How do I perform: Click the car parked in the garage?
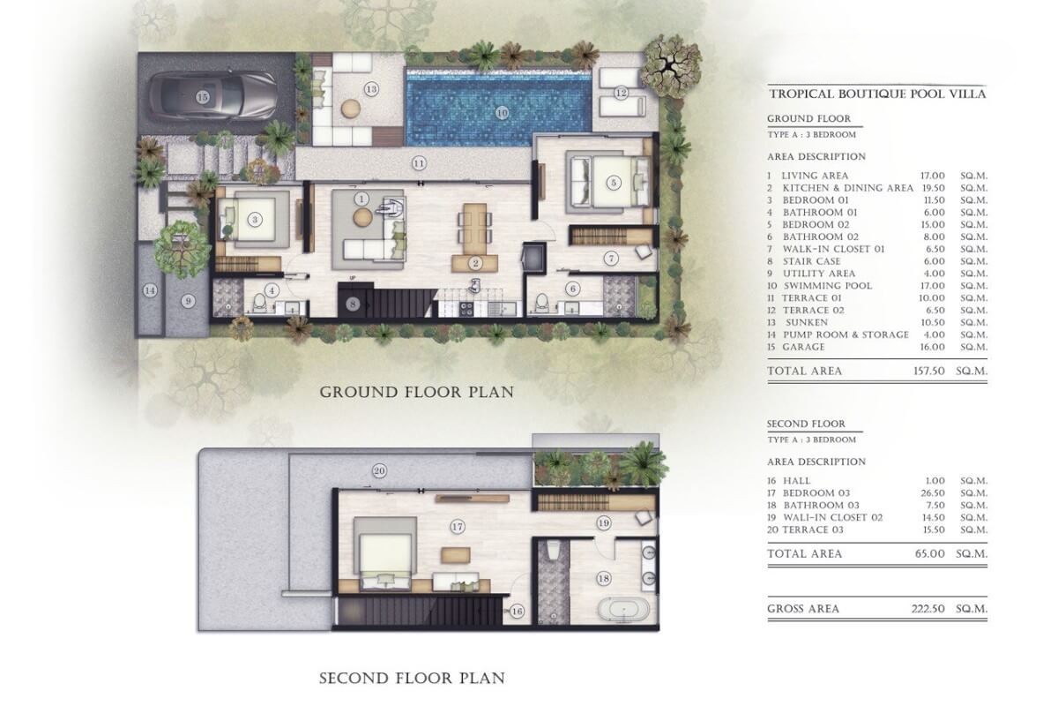tap(212, 96)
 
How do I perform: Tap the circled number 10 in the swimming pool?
tap(502, 113)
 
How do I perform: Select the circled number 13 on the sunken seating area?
tap(371, 89)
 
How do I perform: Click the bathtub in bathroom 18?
tap(620, 609)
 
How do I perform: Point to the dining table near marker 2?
tap(474, 229)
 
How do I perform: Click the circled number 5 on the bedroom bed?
tap(614, 183)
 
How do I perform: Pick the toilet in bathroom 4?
tap(260, 303)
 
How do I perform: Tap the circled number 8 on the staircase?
tap(353, 304)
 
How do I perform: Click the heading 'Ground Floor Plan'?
tap(416, 392)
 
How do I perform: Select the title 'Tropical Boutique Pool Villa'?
tap(877, 94)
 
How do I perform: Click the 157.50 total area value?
tap(928, 371)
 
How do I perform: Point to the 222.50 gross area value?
tap(928, 608)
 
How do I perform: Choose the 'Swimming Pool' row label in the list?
tap(828, 286)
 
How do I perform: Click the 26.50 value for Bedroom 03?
tap(934, 492)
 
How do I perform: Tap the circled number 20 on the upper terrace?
tap(379, 471)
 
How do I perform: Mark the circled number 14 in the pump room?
tap(150, 290)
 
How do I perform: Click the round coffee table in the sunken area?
tap(351, 109)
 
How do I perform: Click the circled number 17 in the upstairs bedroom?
tap(457, 526)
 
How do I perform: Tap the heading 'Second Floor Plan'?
tap(412, 679)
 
